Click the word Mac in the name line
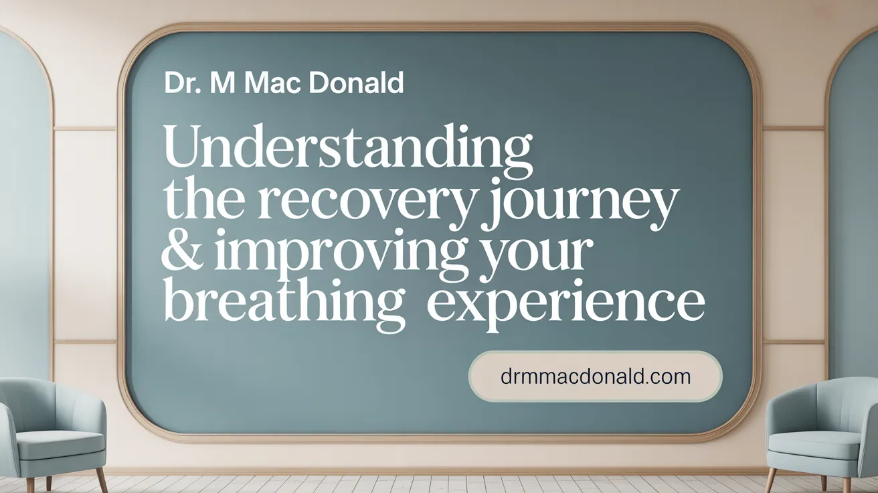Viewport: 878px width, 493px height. [x=281, y=84]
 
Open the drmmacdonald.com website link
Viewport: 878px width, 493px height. [x=595, y=376]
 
